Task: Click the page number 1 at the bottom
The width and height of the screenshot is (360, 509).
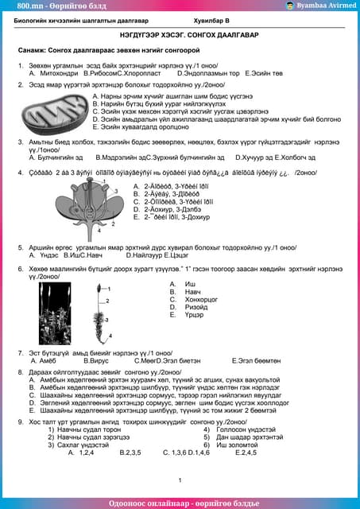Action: point(180,480)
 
